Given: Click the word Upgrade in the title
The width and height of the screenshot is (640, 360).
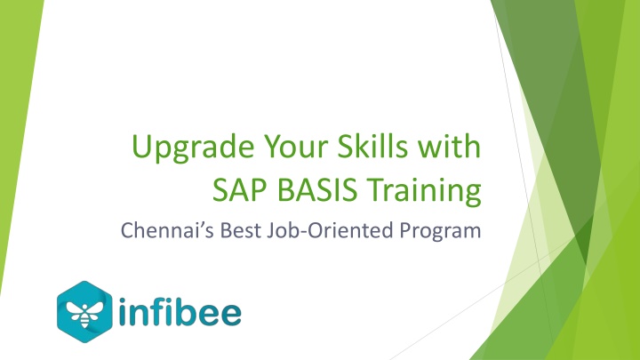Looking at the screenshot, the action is click(x=192, y=148).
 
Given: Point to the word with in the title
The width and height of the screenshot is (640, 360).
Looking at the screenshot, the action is click(x=449, y=145).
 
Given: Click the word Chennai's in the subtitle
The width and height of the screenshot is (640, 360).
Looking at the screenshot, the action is click(x=167, y=230).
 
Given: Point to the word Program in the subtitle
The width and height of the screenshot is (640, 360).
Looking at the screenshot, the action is click(x=440, y=232).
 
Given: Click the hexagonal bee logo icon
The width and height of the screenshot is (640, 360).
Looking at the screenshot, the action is click(x=84, y=312).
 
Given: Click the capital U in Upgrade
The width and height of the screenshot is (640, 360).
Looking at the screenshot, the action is click(x=141, y=146).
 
